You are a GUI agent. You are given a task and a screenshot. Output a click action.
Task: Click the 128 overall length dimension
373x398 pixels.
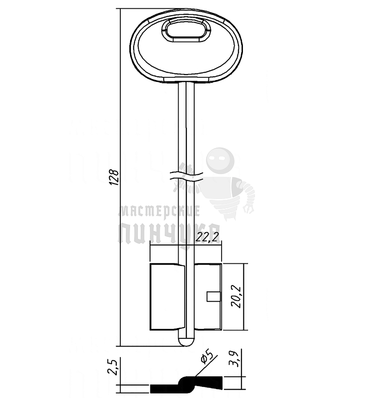114,177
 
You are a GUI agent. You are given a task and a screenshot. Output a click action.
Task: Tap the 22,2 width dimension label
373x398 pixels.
207,237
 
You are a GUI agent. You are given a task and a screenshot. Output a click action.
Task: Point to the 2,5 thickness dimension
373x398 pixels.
112,367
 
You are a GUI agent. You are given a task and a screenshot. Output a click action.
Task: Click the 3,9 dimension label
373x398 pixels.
233,359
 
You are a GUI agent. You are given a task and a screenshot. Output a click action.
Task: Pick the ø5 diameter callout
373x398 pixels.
206,357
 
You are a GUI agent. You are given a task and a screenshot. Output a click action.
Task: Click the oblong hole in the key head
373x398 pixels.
186,31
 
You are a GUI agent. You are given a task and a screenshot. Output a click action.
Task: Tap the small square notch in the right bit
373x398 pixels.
214,297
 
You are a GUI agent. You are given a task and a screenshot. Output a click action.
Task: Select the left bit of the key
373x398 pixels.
167,297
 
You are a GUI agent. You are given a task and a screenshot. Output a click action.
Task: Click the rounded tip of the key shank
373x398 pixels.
186,342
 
